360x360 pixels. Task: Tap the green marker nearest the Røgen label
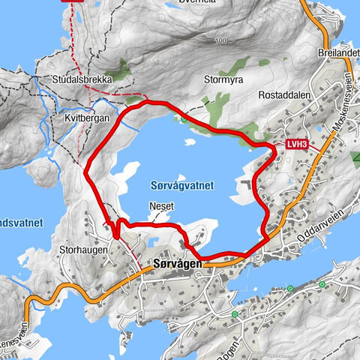[x=234, y=314]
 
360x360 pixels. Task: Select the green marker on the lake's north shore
[x=184, y=118]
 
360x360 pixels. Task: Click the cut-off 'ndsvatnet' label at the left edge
[x=21, y=223]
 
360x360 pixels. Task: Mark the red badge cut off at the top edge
[x=75, y=2]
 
